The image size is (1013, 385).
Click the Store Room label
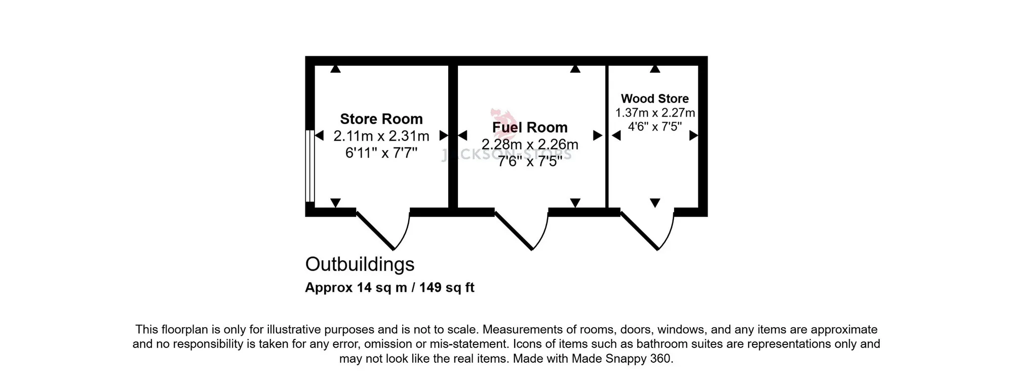click(x=381, y=119)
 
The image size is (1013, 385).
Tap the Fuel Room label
click(x=530, y=127)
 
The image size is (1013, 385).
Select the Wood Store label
click(x=655, y=99)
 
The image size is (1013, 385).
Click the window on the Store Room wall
click(x=310, y=166)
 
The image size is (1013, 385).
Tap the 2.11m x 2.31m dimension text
click(x=381, y=136)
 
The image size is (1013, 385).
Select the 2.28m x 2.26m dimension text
click(x=530, y=144)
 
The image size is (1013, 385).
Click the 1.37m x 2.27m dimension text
click(x=655, y=113)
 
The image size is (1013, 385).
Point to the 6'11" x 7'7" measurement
click(x=381, y=152)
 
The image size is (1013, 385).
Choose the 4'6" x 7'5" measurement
click(x=655, y=127)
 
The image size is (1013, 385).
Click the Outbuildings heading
click(x=360, y=264)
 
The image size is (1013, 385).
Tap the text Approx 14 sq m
click(x=356, y=288)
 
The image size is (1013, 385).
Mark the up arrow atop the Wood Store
click(x=655, y=69)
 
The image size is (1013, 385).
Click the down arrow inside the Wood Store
click(x=655, y=203)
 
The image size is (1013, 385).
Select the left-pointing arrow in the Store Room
click(x=319, y=135)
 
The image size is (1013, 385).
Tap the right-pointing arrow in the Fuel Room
click(x=598, y=135)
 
